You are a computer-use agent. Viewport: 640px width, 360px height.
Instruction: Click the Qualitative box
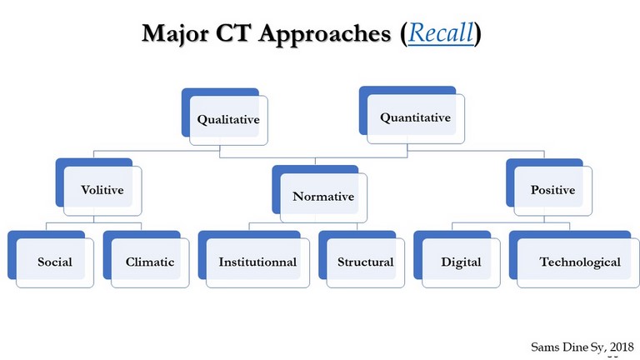click(225, 117)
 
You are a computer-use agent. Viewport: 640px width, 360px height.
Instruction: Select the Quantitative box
click(412, 115)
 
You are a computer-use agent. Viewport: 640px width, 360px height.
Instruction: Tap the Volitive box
click(99, 187)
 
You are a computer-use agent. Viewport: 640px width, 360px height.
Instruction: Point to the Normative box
click(320, 194)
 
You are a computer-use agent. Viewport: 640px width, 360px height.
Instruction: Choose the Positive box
click(549, 187)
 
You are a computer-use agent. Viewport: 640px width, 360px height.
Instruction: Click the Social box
click(51, 259)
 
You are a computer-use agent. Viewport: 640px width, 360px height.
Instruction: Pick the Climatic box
click(146, 259)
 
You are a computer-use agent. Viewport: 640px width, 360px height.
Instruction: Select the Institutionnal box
click(254, 259)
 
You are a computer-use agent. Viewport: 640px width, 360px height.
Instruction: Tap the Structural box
click(362, 259)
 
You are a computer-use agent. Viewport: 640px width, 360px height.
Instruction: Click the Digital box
click(457, 259)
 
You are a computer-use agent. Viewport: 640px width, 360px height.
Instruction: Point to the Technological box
click(574, 259)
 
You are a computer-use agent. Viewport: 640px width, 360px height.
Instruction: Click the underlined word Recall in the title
click(441, 32)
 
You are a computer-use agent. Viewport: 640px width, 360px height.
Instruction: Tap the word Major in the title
click(175, 33)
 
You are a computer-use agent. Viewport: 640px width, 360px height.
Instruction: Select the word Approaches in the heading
click(325, 34)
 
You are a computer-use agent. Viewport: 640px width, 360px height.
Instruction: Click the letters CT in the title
click(232, 32)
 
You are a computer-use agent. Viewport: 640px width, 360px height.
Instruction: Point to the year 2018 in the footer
click(622, 347)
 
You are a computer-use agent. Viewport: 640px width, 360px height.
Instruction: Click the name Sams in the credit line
click(545, 347)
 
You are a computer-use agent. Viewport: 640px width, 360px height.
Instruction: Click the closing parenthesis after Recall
click(478, 33)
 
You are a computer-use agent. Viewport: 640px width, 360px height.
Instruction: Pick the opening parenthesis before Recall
click(403, 33)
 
